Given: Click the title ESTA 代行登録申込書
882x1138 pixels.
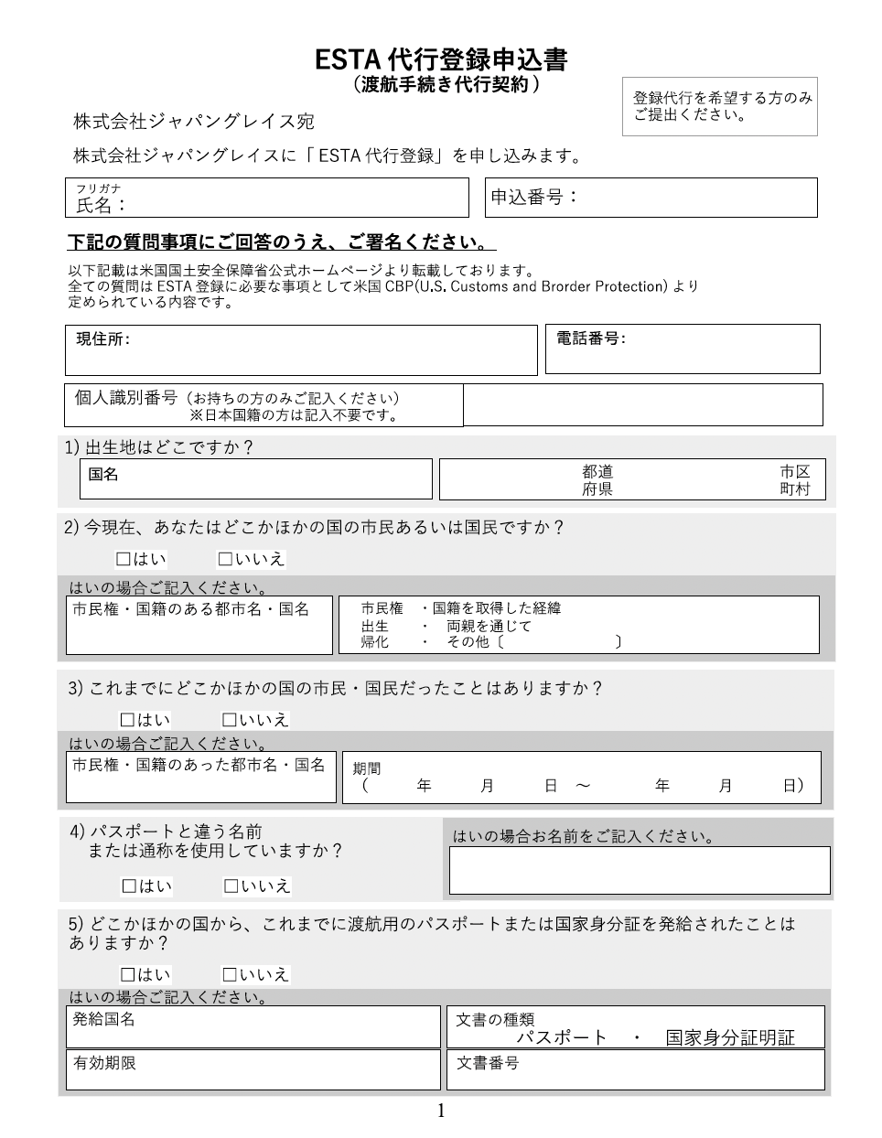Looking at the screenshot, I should pos(441,59).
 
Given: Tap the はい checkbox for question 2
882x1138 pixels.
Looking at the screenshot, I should pos(124,559).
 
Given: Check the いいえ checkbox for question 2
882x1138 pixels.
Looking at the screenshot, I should pos(224,559).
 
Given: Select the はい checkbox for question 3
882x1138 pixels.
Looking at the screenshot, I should pos(128,720).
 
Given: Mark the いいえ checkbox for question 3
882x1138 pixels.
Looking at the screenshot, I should pos(230,720).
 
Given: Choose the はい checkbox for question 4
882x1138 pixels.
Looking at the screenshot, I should pos(129,886).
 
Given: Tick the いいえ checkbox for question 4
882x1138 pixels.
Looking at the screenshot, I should pos(231,886).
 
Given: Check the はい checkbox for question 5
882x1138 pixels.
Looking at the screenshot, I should pos(128,974).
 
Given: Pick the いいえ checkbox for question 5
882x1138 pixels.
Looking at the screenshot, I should pos(230,974).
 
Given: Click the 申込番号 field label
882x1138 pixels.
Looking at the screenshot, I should pos(534,196).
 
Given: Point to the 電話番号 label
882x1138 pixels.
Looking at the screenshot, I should pos(590,338).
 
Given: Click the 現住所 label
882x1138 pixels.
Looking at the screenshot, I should pos(102,339).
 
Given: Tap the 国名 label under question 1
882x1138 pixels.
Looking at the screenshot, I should pos(103,474).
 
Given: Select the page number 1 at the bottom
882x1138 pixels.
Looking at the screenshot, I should pos(441,1111).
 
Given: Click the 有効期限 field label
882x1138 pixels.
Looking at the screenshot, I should pos(104,1063).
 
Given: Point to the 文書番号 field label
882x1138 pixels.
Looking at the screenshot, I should pos(488,1063).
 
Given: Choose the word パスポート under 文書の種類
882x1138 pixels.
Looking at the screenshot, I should pos(562,1037).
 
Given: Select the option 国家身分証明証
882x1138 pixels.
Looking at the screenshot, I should pos(730,1037).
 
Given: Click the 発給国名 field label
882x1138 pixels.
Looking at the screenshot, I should pos(104,1018).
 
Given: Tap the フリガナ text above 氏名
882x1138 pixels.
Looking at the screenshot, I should pos(98,188).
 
